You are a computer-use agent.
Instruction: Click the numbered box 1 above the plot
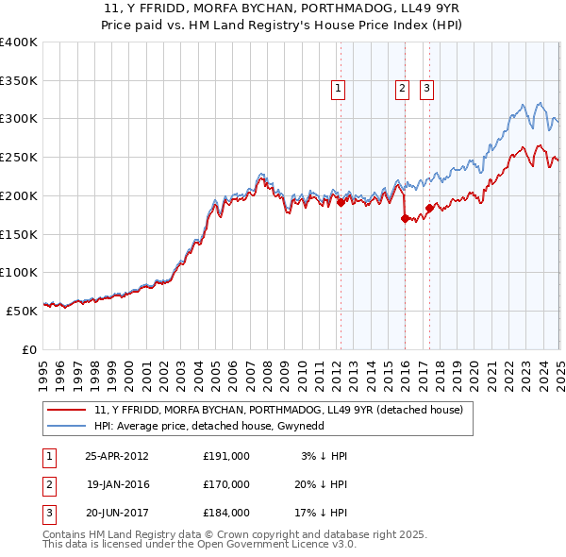point(338,89)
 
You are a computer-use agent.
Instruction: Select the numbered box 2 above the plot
point(402,89)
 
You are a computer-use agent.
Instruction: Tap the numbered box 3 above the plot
point(426,89)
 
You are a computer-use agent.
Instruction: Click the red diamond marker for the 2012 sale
point(341,202)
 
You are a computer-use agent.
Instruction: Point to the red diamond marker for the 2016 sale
point(405,218)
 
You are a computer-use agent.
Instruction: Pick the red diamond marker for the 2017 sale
point(429,208)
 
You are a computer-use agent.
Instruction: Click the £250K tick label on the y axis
point(19,157)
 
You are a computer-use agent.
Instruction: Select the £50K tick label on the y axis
point(22,311)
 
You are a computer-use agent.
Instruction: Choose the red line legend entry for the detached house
point(278,410)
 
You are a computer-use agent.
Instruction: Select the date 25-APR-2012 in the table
point(116,456)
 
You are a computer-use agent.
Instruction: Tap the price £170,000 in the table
point(226,484)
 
